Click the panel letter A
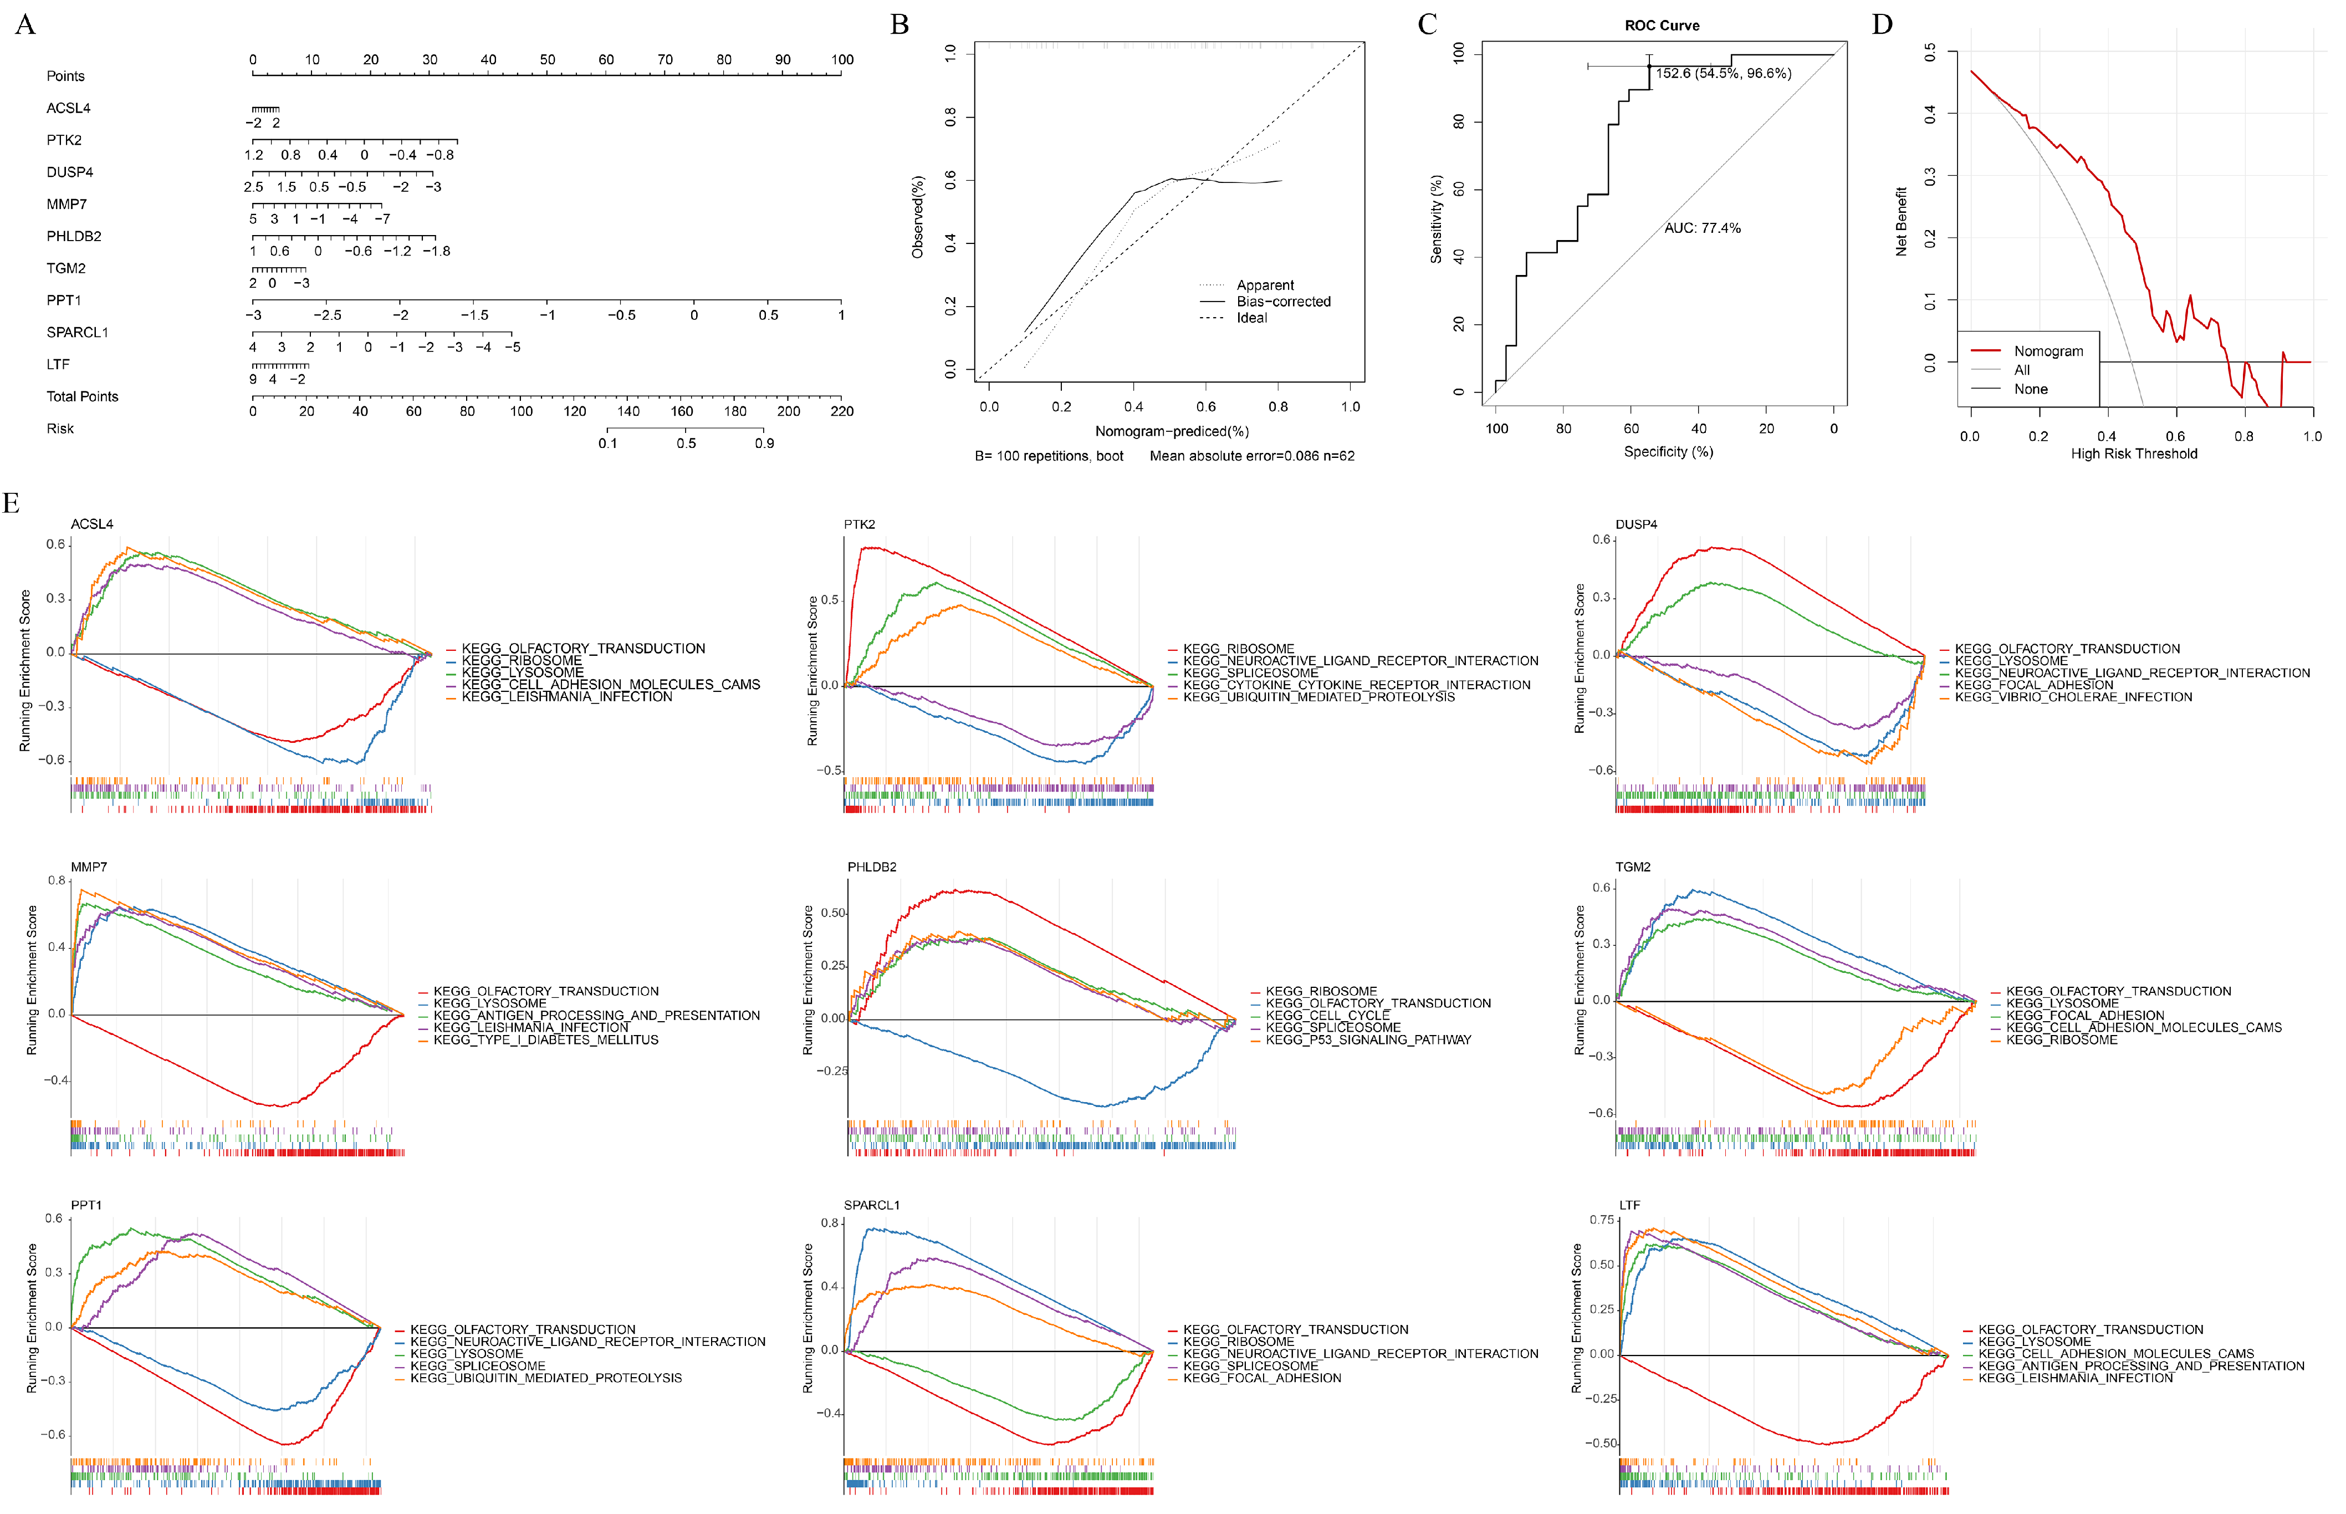(25, 24)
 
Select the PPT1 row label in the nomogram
(64, 300)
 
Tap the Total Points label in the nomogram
(83, 396)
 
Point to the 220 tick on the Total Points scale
(841, 411)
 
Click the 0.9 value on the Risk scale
(765, 444)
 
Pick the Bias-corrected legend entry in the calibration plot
(1282, 302)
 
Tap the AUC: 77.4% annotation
(1702, 228)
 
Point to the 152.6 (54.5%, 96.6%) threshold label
(1723, 74)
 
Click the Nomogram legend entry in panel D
(2048, 351)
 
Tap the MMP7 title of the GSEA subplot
(89, 867)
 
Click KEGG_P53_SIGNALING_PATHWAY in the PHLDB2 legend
(1368, 1039)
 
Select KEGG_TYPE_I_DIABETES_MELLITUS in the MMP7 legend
(545, 1039)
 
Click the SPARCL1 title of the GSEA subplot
(871, 1205)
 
